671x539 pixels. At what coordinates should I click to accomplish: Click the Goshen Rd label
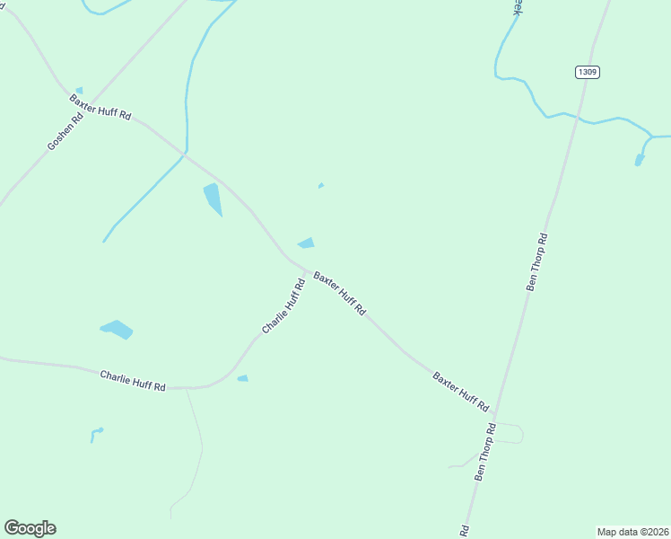coord(65,131)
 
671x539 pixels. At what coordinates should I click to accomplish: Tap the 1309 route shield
coord(587,72)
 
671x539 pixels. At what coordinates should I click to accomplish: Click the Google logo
coord(30,528)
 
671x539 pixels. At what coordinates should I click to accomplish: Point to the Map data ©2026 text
coord(632,531)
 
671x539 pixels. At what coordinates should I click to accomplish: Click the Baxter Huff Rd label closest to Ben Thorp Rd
coord(460,390)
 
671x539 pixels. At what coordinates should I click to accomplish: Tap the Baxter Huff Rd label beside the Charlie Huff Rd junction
coord(339,293)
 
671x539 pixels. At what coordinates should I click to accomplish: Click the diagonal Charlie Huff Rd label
coord(283,306)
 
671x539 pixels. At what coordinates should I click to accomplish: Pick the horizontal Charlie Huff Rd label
coord(133,381)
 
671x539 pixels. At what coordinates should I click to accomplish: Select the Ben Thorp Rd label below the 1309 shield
coord(536,261)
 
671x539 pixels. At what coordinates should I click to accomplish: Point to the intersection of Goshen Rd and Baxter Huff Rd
coord(88,102)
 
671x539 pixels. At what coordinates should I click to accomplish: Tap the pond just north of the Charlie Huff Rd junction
coord(307,243)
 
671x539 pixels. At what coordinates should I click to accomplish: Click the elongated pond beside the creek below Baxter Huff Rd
coord(213,199)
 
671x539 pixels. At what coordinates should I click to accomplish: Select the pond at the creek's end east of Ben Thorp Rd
coord(640,160)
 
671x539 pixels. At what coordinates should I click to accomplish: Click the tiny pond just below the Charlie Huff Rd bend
coord(242,378)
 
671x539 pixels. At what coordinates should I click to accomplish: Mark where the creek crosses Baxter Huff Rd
coord(186,155)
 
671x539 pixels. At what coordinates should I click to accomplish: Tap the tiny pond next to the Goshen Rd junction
coord(79,90)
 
